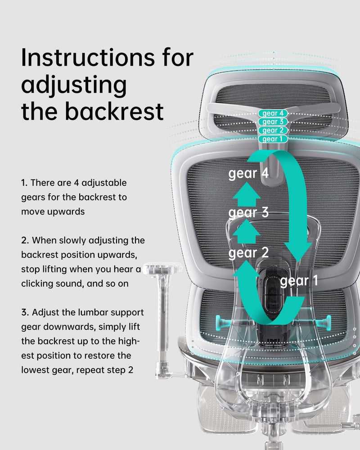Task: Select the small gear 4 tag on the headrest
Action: pos(272,113)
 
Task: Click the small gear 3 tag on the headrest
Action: pos(272,122)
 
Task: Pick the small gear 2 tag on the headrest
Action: pos(272,130)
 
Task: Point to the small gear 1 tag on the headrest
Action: pos(272,139)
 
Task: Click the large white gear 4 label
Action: pos(248,174)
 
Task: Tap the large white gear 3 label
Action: pos(248,212)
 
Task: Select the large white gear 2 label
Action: pos(248,253)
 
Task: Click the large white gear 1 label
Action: pos(299,282)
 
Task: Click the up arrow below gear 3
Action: pos(247,231)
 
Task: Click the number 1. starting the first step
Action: pos(24,183)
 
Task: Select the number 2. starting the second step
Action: pos(25,240)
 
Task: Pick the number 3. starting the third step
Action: pos(25,312)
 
